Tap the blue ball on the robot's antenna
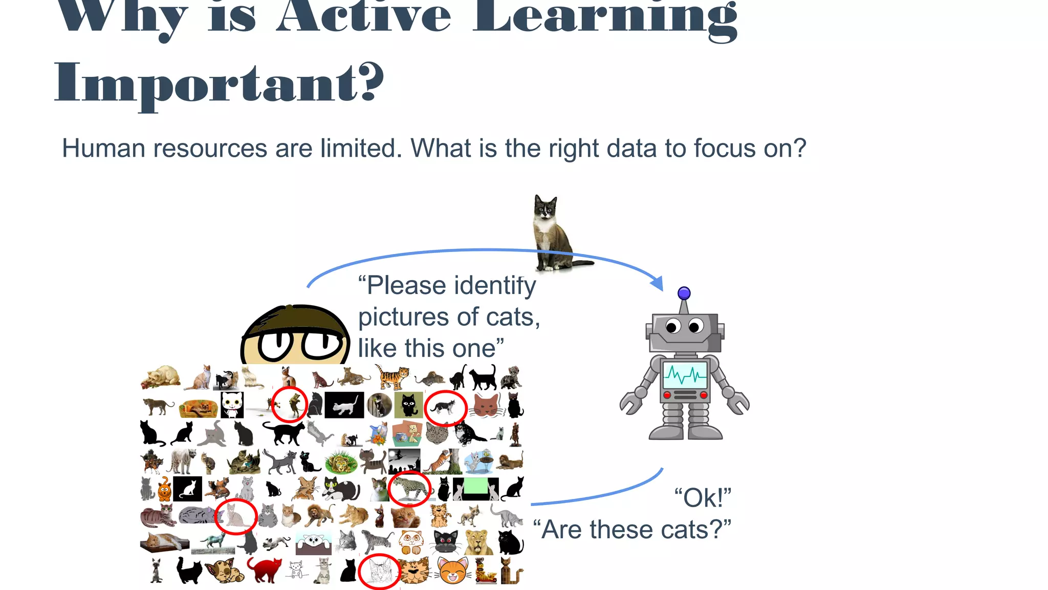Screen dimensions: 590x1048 (x=684, y=293)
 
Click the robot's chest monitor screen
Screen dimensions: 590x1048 (x=685, y=375)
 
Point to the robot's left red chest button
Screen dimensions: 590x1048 (x=667, y=395)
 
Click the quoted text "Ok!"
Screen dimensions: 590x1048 (x=702, y=498)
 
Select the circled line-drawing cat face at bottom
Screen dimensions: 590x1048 (x=379, y=572)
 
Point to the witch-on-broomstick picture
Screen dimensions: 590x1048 (x=404, y=460)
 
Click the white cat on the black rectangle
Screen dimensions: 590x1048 (x=344, y=406)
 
